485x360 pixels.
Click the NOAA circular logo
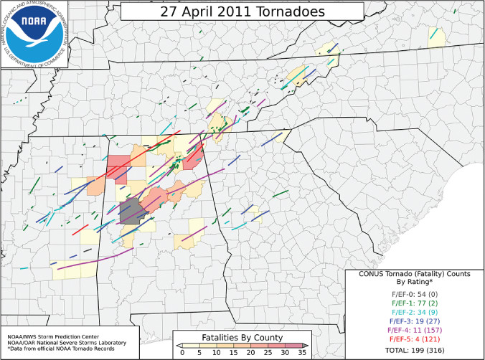[34, 34]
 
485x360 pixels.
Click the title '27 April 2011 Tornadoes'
[242, 12]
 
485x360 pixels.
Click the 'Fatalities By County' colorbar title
[242, 337]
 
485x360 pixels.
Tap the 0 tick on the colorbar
[182, 354]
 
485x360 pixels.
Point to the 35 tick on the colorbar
[301, 354]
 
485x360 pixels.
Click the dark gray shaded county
[131, 212]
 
